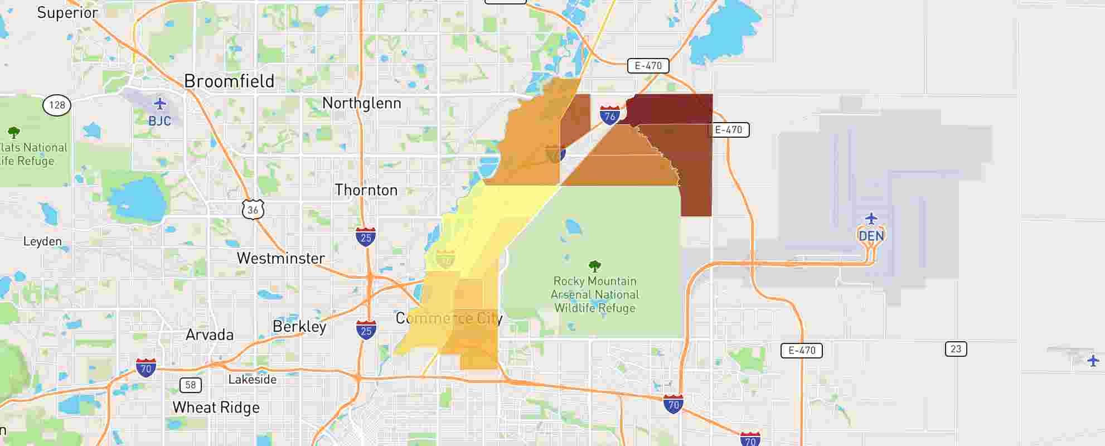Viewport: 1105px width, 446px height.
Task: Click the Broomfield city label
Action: coord(229,81)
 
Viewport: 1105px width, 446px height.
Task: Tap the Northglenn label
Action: coord(361,103)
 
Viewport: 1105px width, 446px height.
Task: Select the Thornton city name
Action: coord(366,190)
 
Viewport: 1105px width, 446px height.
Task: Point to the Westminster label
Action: coord(280,258)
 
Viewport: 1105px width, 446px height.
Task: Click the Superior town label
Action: coord(67,13)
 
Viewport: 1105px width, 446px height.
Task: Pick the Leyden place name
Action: coord(42,241)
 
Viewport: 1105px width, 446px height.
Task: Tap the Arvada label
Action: coord(210,334)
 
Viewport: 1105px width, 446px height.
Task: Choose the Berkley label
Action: coord(299,326)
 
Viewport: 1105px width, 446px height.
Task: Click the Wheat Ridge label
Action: coord(216,408)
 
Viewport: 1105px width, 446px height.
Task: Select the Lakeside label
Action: coord(253,380)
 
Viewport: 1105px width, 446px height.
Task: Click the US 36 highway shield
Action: coord(253,210)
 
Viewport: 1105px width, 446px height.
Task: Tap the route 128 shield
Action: coord(57,105)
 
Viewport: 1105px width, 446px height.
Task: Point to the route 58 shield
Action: coord(191,385)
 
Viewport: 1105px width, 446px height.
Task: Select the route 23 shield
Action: coord(956,349)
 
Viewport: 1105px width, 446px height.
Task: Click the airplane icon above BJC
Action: coord(160,104)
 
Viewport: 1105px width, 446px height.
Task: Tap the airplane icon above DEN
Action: coord(871,219)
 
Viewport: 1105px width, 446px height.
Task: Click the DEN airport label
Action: coord(871,236)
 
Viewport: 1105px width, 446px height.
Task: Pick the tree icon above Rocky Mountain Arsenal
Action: coord(594,266)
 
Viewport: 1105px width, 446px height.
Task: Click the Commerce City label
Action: coord(449,318)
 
